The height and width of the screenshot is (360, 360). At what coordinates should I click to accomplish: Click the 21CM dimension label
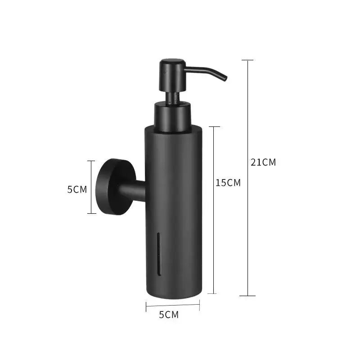(x=263, y=162)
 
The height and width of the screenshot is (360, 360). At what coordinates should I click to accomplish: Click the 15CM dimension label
(x=228, y=183)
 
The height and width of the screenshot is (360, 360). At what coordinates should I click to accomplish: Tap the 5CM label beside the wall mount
(x=77, y=189)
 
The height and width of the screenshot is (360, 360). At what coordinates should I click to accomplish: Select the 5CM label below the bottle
(x=169, y=315)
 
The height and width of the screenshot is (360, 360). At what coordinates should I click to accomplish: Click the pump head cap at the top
(x=173, y=75)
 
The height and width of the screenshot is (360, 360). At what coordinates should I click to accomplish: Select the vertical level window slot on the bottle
(x=159, y=254)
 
